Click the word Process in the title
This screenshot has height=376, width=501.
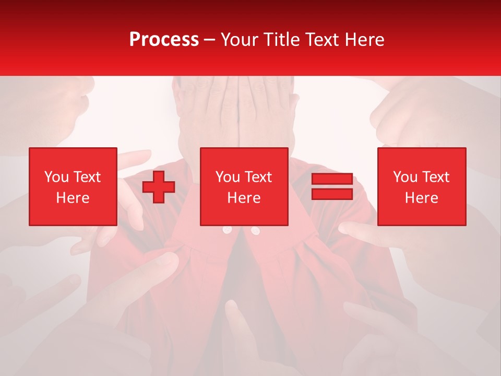[x=164, y=40]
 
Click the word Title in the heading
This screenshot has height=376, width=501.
[x=281, y=40]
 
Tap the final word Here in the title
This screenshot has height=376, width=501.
[x=364, y=40]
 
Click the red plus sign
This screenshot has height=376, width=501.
[x=159, y=186]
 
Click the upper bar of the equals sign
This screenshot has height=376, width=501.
[x=332, y=179]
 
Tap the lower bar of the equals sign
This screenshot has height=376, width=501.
[x=332, y=194]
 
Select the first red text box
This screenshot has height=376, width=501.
[x=73, y=186]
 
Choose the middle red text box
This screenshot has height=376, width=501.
[x=244, y=186]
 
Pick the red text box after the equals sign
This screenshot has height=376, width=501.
[x=421, y=186]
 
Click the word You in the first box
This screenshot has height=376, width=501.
[x=56, y=177]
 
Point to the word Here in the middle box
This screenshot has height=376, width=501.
[x=244, y=198]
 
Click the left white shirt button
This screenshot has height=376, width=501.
[x=226, y=230]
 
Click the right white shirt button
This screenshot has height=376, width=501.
[x=255, y=230]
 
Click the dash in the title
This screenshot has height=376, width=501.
[x=210, y=40]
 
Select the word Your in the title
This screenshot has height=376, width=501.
[x=240, y=40]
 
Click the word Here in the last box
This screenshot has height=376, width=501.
[x=421, y=198]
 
